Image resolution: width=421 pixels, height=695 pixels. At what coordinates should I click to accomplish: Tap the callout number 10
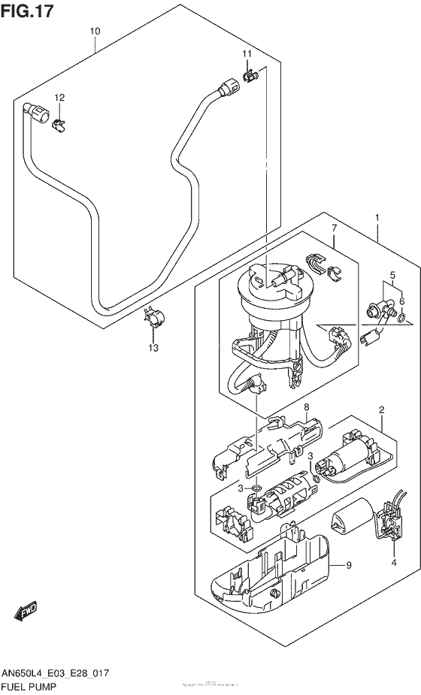(95, 31)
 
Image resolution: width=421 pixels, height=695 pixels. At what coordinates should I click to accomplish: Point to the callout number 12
(59, 97)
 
